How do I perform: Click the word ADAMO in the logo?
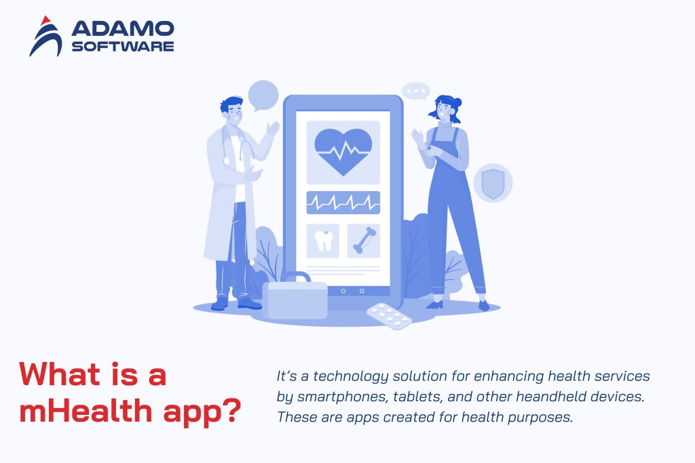point(122,28)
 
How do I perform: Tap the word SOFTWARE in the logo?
point(122,46)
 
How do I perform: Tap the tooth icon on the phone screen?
point(322,241)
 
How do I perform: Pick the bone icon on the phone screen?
point(363,241)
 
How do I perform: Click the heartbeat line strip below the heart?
point(343,202)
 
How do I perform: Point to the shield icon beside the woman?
point(492,182)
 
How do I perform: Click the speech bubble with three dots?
point(415,92)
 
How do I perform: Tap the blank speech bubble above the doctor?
point(263,95)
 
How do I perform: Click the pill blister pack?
point(389,315)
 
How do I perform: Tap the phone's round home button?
point(343,291)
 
